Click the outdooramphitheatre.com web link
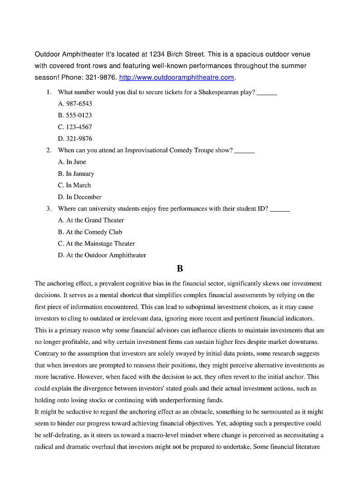(x=176, y=77)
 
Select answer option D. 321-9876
(x=75, y=139)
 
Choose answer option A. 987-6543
(x=75, y=103)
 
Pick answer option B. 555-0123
(x=75, y=115)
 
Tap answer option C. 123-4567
(x=75, y=127)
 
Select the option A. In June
(x=72, y=162)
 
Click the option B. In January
(x=76, y=174)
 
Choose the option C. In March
(x=74, y=185)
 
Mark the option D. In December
(x=79, y=197)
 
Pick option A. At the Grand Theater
(x=91, y=220)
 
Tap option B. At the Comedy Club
(x=90, y=232)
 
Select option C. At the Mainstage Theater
(x=96, y=244)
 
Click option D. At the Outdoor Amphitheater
(x=102, y=256)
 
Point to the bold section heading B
(x=180, y=269)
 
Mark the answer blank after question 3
(x=280, y=209)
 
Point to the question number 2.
(x=49, y=150)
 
